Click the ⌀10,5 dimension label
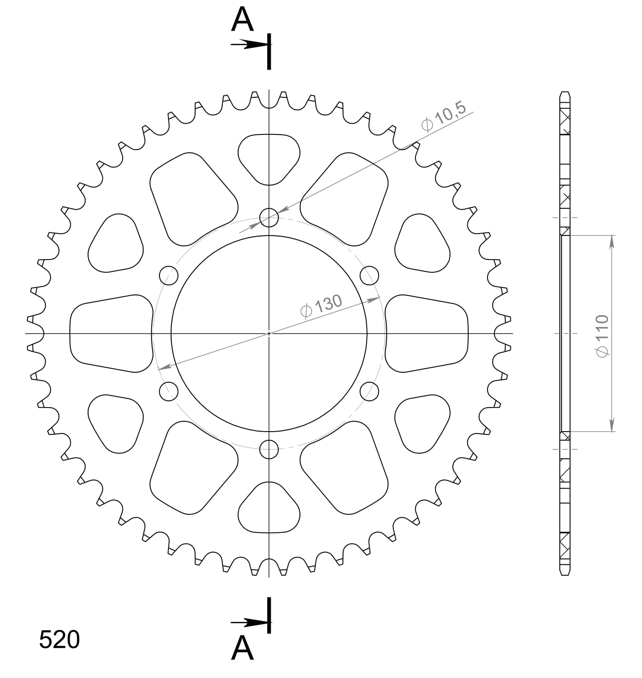coord(444,116)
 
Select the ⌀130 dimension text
coord(321,306)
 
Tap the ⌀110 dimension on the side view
coord(602,336)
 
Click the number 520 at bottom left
coord(59,639)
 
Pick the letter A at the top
coord(242,19)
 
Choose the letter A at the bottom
coord(242,647)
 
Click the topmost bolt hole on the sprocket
coord(269,217)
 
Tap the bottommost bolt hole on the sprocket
coord(269,449)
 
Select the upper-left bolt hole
coord(168,275)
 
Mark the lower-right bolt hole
coord(369,391)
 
